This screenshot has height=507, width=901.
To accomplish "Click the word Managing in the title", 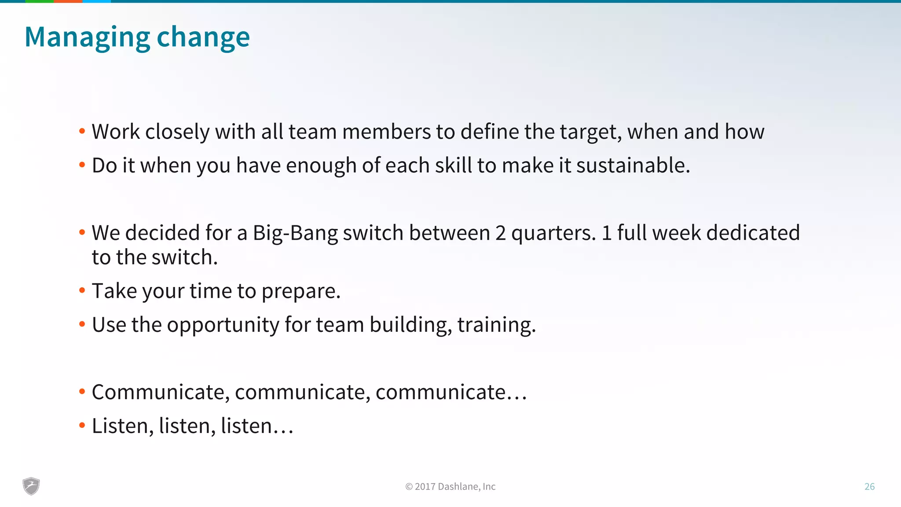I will (87, 37).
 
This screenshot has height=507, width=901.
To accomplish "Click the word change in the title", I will (203, 37).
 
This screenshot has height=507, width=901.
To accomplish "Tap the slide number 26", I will (869, 486).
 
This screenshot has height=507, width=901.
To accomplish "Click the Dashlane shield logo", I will (31, 486).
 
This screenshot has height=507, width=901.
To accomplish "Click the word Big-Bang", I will (295, 233).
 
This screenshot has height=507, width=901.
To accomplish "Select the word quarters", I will (553, 233).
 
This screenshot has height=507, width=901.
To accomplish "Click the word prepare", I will (301, 291).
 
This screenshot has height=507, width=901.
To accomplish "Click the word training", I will (496, 325).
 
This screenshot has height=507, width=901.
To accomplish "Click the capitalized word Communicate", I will (161, 392).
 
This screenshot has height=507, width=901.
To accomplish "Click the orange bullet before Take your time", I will (82, 290).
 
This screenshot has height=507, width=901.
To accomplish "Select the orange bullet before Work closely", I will (82, 131).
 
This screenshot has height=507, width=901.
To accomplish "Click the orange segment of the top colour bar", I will (68, 1).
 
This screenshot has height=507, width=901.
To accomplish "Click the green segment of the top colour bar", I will (39, 1).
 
